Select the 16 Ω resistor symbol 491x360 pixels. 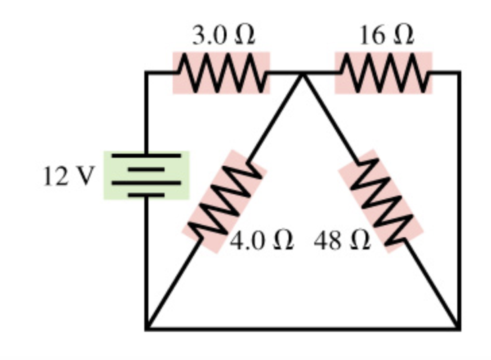pos(383,73)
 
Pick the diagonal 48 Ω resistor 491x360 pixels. pos(380,201)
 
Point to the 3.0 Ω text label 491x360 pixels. pos(223,36)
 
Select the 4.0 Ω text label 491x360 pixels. pos(262,241)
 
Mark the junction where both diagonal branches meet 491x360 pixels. pos(303,73)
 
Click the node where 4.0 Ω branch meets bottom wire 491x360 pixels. pos(147,329)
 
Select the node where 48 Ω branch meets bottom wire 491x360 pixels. pos(459,329)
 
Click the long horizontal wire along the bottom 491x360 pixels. pos(304,329)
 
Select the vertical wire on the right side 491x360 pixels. pos(459,202)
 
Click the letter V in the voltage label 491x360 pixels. pos(84,177)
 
